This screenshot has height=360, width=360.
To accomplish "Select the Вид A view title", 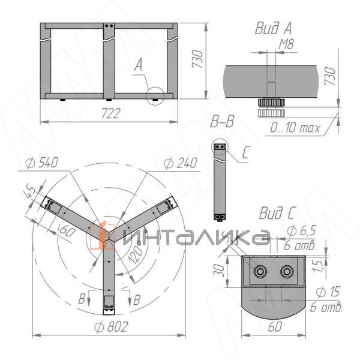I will point(273,28).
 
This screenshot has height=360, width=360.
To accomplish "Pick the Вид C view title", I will point(277,213).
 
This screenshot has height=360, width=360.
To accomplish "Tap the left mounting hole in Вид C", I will point(260,272).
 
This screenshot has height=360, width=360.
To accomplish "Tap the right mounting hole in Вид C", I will point(287,272).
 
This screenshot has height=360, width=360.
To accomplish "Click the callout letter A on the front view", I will point(139,65).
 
